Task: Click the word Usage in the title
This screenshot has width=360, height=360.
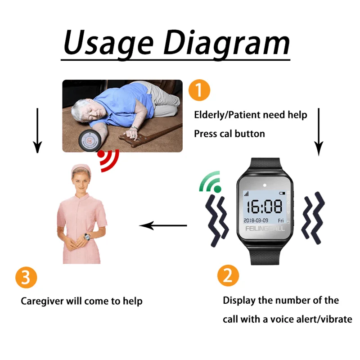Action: (108, 44)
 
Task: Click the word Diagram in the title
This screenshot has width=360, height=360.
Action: (227, 44)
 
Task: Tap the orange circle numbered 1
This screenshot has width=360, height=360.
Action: (199, 90)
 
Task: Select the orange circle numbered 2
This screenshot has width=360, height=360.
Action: (228, 275)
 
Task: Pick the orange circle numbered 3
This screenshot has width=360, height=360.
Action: (26, 277)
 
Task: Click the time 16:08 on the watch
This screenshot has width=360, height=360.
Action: (265, 206)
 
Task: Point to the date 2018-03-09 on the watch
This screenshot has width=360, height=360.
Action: (256, 220)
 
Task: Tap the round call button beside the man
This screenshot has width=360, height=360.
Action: (90, 141)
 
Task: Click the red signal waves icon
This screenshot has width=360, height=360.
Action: (108, 160)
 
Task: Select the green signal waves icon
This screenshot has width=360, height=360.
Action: (210, 182)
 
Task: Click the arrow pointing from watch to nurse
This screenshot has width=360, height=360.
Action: (163, 225)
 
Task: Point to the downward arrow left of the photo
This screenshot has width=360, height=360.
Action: (37, 130)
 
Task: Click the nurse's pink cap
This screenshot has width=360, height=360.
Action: (81, 168)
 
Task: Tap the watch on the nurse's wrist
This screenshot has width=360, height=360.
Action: (87, 237)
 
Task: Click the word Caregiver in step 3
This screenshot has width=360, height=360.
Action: (42, 301)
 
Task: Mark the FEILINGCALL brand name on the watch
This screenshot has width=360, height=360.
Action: (265, 229)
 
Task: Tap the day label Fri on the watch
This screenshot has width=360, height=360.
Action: (281, 220)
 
